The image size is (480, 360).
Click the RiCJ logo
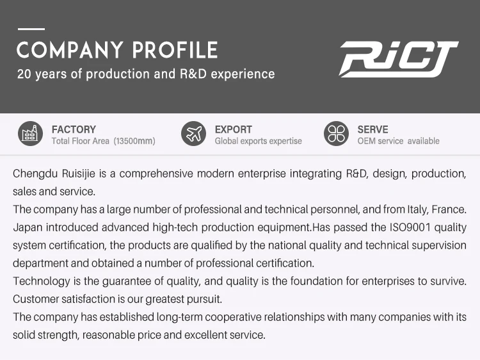coord(399,59)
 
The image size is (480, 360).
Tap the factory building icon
coord(30,134)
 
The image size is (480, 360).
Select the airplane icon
coord(193,134)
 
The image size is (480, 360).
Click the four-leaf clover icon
coord(336,134)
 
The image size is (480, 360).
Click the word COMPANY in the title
coord(70,50)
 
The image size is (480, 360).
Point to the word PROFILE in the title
coord(175,50)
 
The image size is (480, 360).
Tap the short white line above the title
coord(31,29)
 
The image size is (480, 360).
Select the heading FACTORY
coord(74,129)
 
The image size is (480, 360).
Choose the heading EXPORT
coord(233,129)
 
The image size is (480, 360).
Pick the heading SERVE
coord(372,129)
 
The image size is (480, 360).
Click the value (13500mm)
coord(134,141)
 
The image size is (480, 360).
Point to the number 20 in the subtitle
coord(24,74)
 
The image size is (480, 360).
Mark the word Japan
coord(28,228)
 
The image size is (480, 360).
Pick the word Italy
coord(417,210)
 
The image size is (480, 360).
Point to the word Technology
coord(42,282)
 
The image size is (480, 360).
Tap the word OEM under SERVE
coord(365,141)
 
